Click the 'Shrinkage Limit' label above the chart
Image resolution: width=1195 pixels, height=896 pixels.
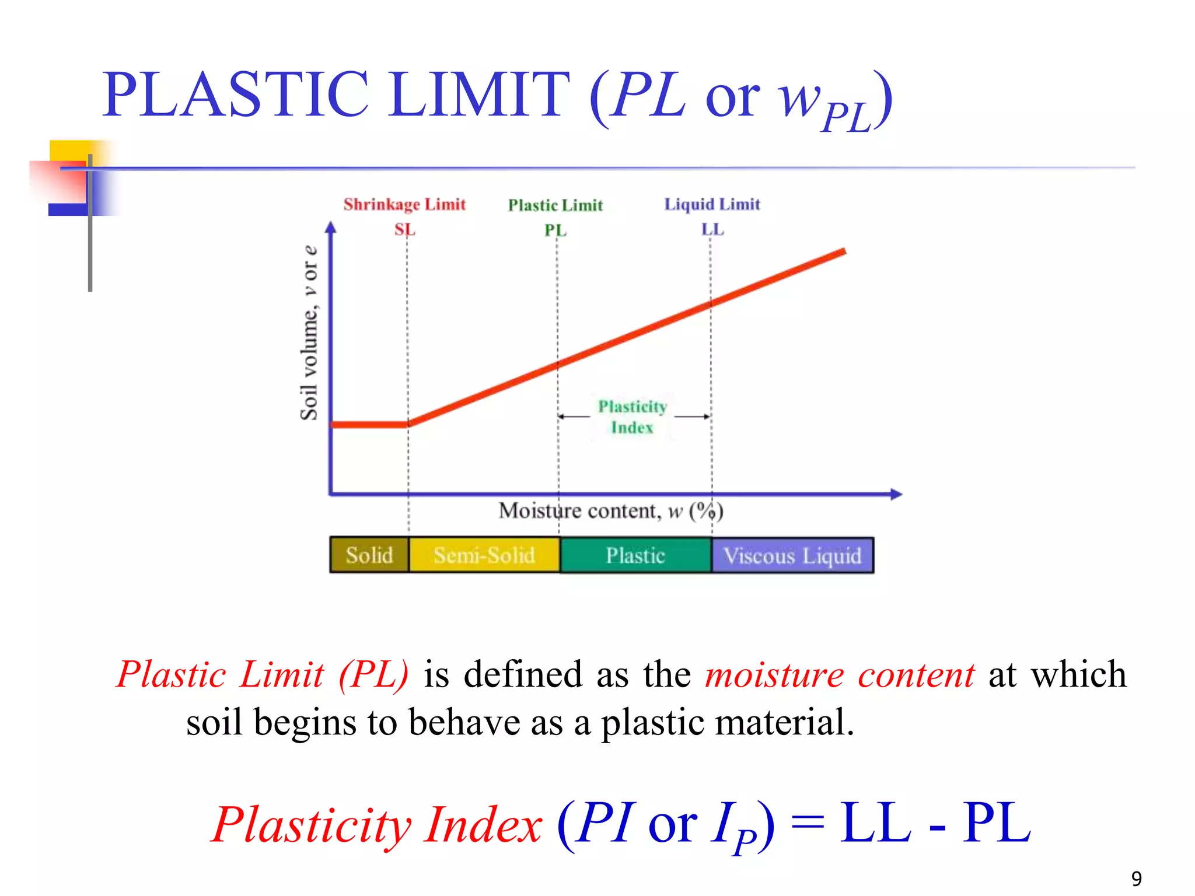click(x=404, y=204)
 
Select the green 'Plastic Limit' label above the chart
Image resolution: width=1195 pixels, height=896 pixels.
click(x=555, y=205)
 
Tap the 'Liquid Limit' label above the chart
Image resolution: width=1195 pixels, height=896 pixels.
click(x=712, y=204)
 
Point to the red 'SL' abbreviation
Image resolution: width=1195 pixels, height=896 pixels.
click(x=404, y=229)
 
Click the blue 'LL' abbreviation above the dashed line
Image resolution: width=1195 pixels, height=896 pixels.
click(x=712, y=229)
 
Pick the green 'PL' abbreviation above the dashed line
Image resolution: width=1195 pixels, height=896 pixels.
click(x=555, y=230)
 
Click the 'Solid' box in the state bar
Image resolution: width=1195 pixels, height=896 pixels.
click(x=369, y=555)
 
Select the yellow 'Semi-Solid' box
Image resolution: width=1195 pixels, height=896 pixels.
click(x=484, y=555)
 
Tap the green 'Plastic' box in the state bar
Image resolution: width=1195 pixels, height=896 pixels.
click(x=635, y=555)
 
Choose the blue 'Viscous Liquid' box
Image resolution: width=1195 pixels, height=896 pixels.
click(x=792, y=555)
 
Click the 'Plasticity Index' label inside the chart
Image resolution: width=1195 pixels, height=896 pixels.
click(x=633, y=416)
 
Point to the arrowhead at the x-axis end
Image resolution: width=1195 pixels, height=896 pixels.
click(x=897, y=494)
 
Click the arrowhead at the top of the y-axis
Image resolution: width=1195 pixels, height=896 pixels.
click(x=331, y=227)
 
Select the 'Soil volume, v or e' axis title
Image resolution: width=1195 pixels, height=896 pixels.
click(x=309, y=332)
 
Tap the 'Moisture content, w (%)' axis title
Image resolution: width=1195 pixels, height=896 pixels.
click(x=610, y=511)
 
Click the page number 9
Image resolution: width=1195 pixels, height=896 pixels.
click(x=1136, y=878)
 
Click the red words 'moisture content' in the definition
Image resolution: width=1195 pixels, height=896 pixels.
click(x=839, y=675)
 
